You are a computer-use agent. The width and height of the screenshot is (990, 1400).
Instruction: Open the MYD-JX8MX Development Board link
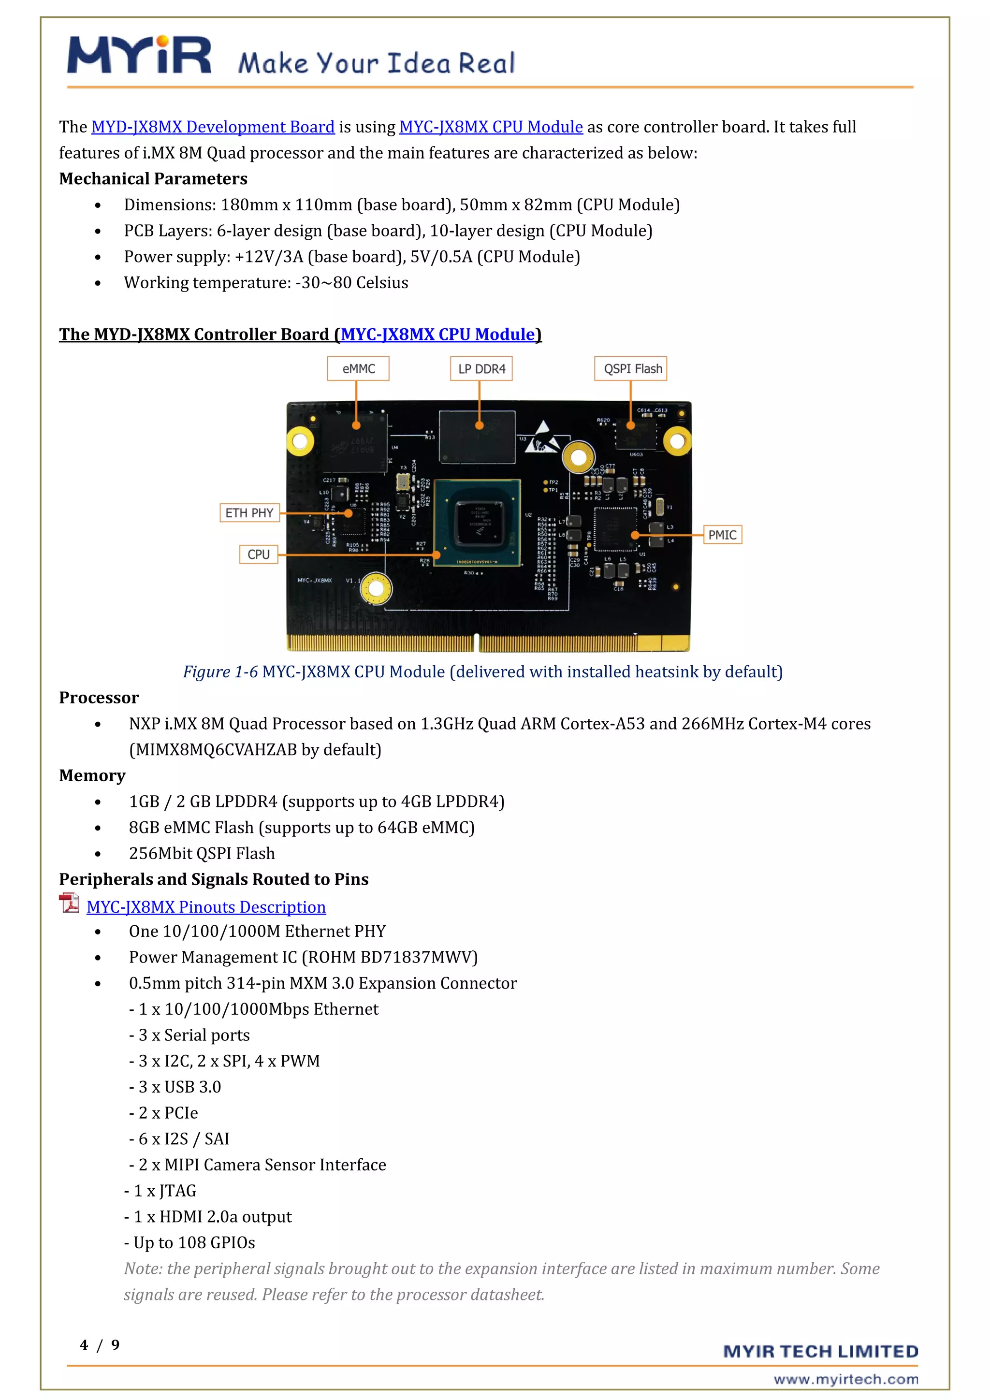(x=213, y=127)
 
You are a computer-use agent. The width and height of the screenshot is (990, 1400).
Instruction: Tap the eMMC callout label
(x=358, y=369)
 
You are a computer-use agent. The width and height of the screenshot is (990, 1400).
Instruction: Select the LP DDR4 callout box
(x=481, y=369)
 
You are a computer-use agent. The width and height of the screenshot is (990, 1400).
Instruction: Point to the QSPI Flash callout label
(x=631, y=369)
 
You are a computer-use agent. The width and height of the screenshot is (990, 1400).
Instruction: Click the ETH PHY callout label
(x=249, y=513)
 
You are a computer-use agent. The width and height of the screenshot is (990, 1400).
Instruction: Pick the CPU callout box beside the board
(x=259, y=554)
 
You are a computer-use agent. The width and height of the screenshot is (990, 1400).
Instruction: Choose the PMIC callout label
(x=722, y=535)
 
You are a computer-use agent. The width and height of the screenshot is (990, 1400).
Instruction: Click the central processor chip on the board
(x=477, y=523)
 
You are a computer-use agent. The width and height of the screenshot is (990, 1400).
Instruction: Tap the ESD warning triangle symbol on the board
(x=541, y=438)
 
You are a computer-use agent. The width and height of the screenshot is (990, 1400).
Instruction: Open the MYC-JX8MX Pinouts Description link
(x=206, y=907)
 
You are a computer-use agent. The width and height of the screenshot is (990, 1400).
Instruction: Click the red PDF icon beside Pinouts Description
(x=69, y=903)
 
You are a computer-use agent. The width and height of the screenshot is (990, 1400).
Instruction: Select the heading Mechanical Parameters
(x=153, y=179)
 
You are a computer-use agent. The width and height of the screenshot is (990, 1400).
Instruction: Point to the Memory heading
(x=92, y=775)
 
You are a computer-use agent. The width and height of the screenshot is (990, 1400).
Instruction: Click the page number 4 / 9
(x=100, y=1344)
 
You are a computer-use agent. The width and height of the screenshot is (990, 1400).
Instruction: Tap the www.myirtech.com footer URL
(x=845, y=1379)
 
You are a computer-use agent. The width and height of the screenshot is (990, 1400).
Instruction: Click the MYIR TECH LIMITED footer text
(x=820, y=1351)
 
